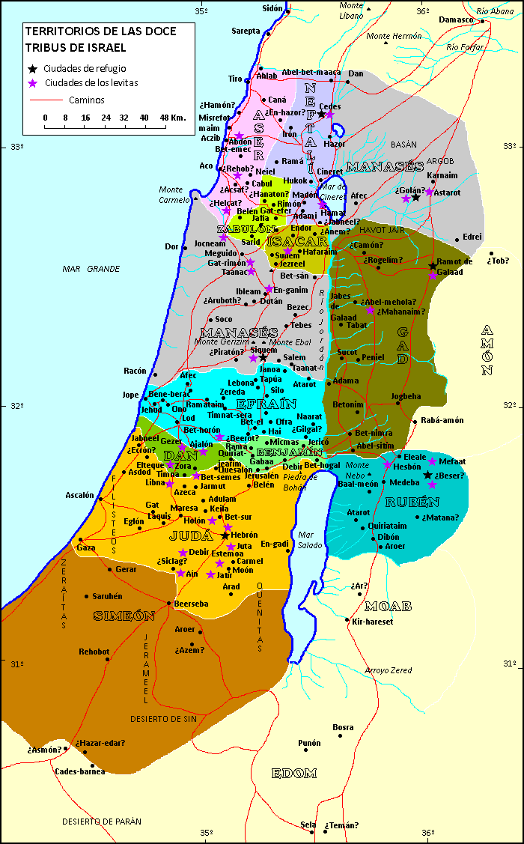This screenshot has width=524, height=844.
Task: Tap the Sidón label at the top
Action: [272, 9]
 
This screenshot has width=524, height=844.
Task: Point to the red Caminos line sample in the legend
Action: [45, 100]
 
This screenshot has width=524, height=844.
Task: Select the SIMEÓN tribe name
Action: [124, 616]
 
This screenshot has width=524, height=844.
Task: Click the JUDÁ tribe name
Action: [186, 535]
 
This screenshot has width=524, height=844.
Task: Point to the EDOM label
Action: [293, 774]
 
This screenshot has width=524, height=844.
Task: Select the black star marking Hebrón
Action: [225, 535]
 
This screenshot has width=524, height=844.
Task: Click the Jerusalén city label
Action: [261, 476]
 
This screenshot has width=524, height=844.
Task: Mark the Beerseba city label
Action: [190, 603]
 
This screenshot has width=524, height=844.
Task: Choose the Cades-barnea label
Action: [80, 771]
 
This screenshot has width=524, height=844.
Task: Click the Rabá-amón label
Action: [443, 421]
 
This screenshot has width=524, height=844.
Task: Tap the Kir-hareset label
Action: [372, 621]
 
